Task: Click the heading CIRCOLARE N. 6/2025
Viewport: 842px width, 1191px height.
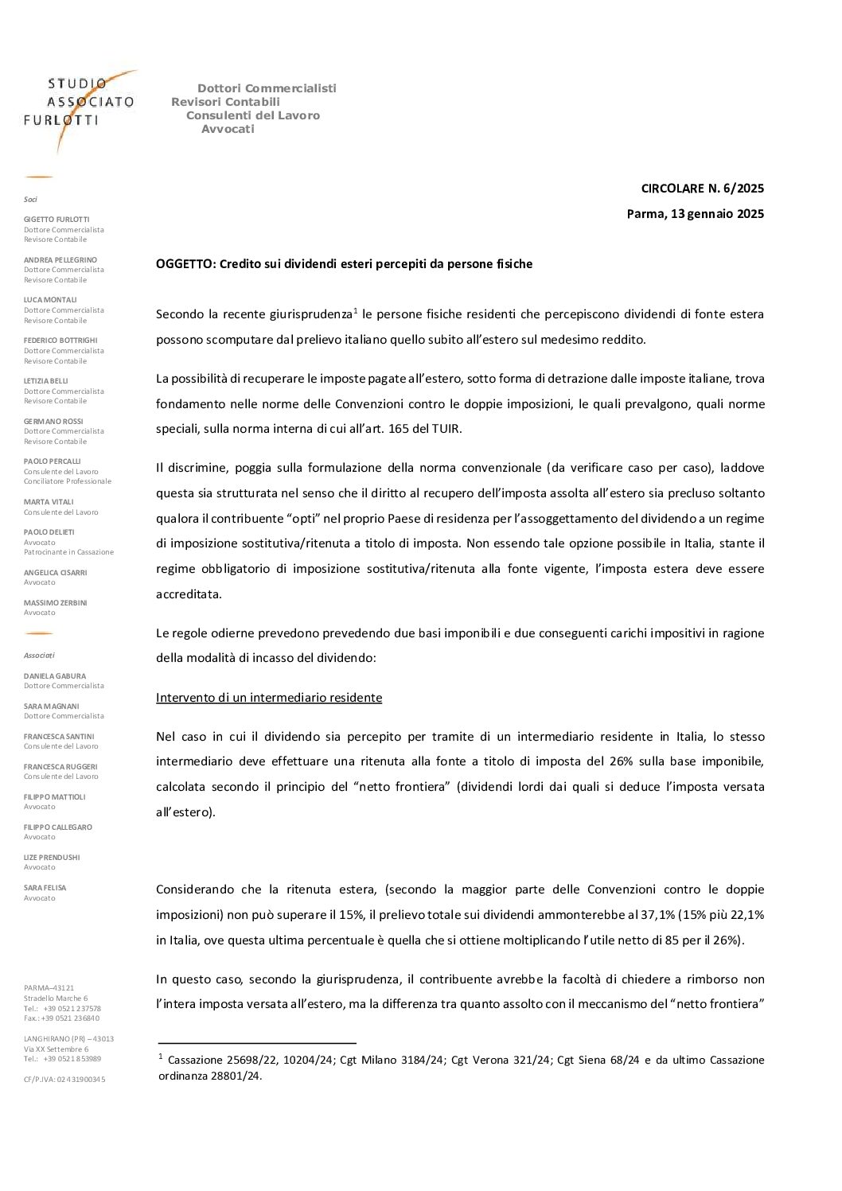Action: click(702, 189)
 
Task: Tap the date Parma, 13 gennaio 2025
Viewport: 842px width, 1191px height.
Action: click(695, 213)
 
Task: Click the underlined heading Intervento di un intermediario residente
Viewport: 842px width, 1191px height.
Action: click(269, 698)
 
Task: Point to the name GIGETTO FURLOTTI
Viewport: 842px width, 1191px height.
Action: click(57, 220)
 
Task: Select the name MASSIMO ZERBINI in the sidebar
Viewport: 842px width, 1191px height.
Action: click(56, 602)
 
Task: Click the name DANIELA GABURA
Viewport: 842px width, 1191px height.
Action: click(55, 675)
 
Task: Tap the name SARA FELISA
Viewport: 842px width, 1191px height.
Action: click(45, 887)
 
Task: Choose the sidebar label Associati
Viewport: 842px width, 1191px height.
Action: click(39, 655)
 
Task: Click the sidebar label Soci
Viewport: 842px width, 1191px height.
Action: click(30, 199)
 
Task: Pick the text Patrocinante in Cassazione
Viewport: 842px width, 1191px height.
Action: click(68, 552)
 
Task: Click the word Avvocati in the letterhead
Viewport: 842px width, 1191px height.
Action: click(228, 129)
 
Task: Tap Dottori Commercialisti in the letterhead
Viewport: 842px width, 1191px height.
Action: click(267, 88)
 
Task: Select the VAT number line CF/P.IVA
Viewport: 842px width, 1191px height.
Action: click(64, 1080)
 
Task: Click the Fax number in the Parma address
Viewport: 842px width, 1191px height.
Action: click(62, 1018)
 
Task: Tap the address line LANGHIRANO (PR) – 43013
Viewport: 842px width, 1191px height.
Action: click(68, 1038)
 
